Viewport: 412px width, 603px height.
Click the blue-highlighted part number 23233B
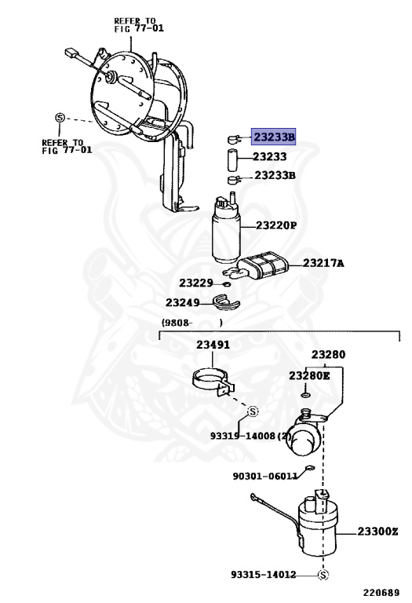pos(273,137)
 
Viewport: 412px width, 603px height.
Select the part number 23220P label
pos(275,225)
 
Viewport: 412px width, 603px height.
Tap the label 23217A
pos(323,263)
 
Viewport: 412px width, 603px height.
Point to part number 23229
pos(195,283)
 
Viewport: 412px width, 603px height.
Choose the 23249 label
pos(183,301)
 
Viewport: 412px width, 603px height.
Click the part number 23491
pos(213,345)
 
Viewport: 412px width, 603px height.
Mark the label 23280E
pos(309,376)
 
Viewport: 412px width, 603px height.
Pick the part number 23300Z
pos(378,532)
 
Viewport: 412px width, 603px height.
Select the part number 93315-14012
pos(263,575)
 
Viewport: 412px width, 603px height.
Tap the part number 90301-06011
pos(264,475)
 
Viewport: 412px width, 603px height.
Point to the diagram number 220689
pos(380,593)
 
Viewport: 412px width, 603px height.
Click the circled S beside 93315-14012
pos(323,576)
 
